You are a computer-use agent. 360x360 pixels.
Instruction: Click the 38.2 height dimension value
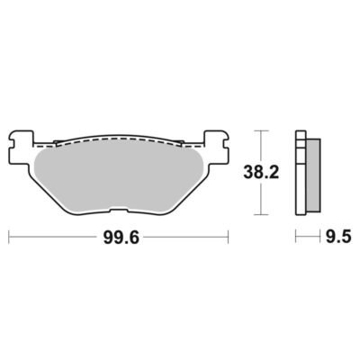[x=261, y=173]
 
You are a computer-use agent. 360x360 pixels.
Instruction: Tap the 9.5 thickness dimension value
[x=337, y=237]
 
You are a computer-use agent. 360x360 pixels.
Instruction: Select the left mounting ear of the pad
[x=21, y=147]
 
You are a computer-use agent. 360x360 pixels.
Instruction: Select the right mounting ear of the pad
[x=216, y=147]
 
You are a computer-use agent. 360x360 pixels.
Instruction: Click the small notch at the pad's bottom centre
[x=119, y=211]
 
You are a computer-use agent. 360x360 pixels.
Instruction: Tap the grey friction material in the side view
[x=313, y=175]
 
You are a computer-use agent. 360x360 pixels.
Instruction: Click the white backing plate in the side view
[x=301, y=173]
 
